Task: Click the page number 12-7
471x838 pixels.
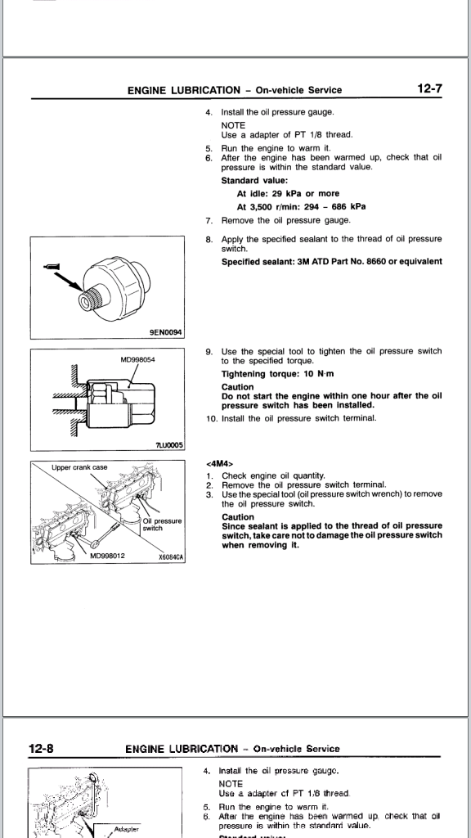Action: [429, 88]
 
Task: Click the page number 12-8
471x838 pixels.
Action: [41, 748]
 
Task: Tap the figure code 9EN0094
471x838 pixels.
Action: [165, 332]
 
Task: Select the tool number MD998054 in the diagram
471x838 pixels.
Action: [137, 360]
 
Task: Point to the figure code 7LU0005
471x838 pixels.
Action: [169, 444]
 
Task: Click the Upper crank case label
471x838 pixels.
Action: [79, 467]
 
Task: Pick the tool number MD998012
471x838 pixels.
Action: [107, 556]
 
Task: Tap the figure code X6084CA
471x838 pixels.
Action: [171, 556]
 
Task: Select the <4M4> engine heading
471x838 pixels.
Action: [219, 464]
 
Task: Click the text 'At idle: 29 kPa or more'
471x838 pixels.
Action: [288, 193]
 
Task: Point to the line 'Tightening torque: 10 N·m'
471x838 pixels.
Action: [278, 373]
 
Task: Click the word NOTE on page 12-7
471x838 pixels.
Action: [233, 125]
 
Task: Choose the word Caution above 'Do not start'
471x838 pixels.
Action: [238, 387]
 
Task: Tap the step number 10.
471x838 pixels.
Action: [212, 418]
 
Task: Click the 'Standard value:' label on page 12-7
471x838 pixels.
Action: [255, 180]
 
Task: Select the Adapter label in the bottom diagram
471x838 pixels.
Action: [127, 829]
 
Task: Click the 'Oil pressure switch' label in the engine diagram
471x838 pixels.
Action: [162, 525]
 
